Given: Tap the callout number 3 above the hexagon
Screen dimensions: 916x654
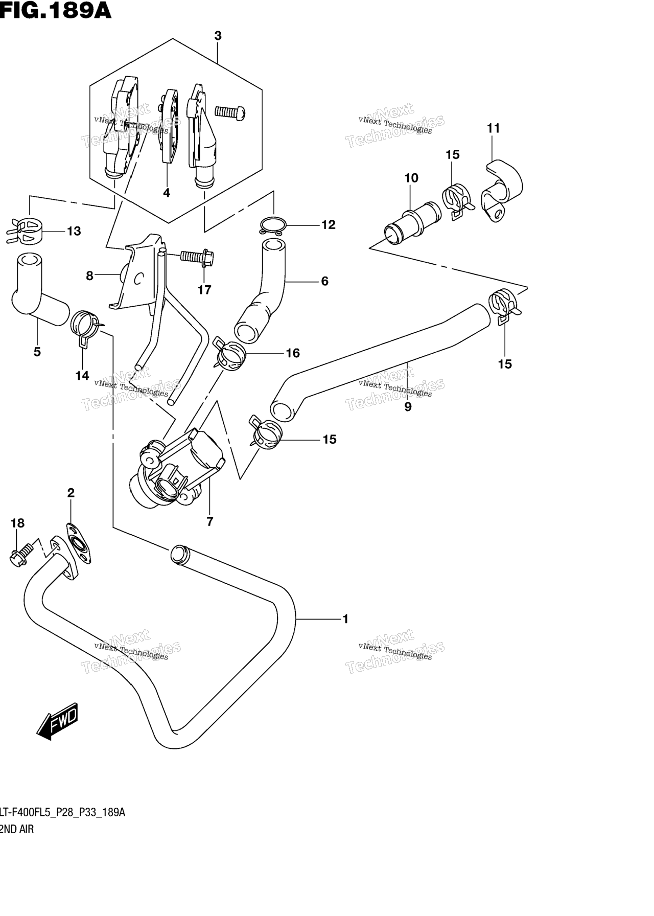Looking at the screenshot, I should click(218, 36).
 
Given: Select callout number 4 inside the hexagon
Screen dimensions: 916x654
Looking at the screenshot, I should click(167, 193).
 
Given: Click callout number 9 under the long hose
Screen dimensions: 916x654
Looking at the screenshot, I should click(408, 407).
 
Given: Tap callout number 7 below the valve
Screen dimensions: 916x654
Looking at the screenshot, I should click(209, 521).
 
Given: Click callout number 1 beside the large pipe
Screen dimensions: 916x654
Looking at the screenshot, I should click(345, 619).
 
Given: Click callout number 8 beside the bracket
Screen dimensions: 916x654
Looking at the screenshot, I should click(90, 276).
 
